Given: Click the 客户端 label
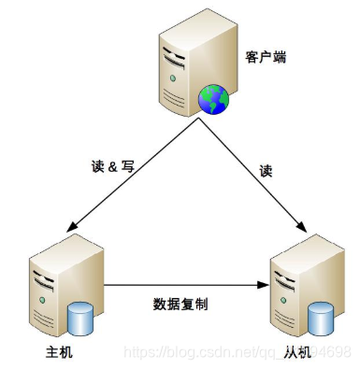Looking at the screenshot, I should pos(267,58).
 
